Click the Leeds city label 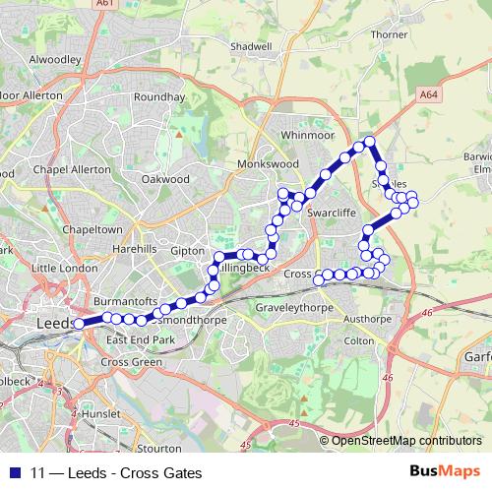pyautogui.click(x=51, y=323)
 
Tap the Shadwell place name pyautogui.click(x=250, y=74)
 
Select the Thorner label pyautogui.click(x=389, y=34)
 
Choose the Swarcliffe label pyautogui.click(x=330, y=211)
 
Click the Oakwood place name pyautogui.click(x=165, y=180)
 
